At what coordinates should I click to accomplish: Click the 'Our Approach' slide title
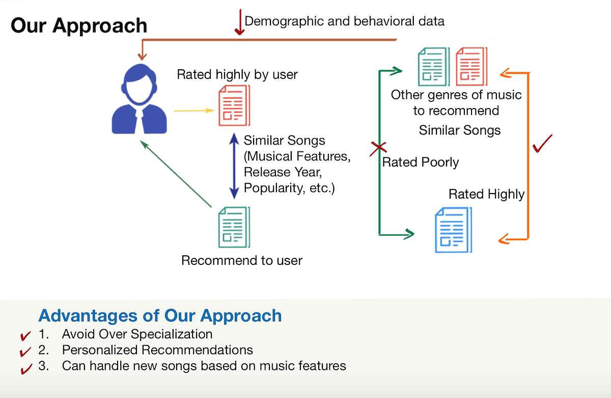[x=79, y=25]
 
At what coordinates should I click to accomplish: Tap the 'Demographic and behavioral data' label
[x=345, y=21]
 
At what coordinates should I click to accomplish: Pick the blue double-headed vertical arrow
[x=234, y=166]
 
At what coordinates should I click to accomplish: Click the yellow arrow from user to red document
[x=193, y=110]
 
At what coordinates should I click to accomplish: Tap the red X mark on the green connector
[x=378, y=148]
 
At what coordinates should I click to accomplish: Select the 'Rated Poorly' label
[x=421, y=163]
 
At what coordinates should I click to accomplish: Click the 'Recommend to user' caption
[x=242, y=261]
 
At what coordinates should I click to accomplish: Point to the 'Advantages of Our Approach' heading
[x=160, y=315]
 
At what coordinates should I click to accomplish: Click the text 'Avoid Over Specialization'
[x=137, y=334]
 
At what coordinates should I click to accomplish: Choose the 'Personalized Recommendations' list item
[x=157, y=350]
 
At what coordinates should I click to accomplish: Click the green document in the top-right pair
[x=433, y=66]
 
